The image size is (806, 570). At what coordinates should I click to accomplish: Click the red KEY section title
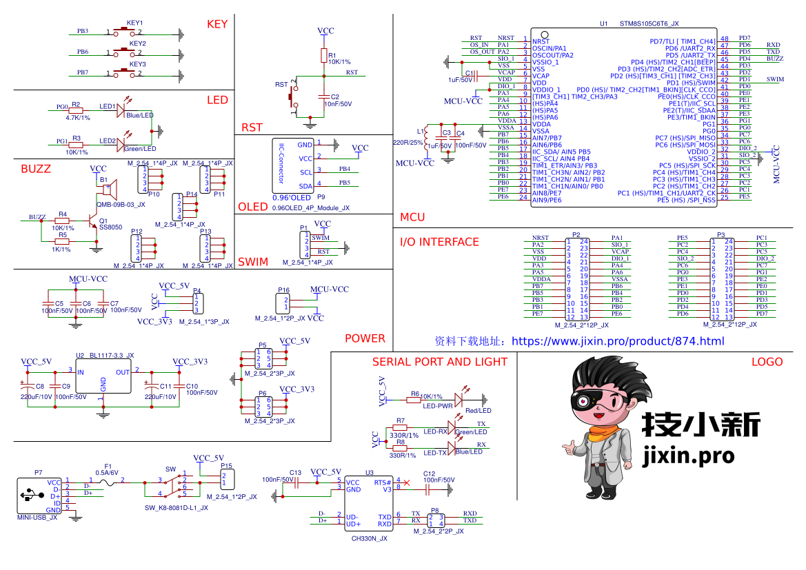click(217, 24)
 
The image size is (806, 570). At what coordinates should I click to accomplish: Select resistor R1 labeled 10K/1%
click(324, 56)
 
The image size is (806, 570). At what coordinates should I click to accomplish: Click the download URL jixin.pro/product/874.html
click(618, 341)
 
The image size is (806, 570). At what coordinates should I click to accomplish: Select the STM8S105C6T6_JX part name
click(649, 23)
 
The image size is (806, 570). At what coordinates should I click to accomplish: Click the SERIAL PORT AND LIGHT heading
click(439, 362)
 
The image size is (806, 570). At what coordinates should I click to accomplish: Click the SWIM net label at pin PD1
click(775, 79)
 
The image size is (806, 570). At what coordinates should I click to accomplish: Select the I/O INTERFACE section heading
click(439, 242)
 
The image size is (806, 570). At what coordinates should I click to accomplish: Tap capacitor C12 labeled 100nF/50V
click(428, 489)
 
